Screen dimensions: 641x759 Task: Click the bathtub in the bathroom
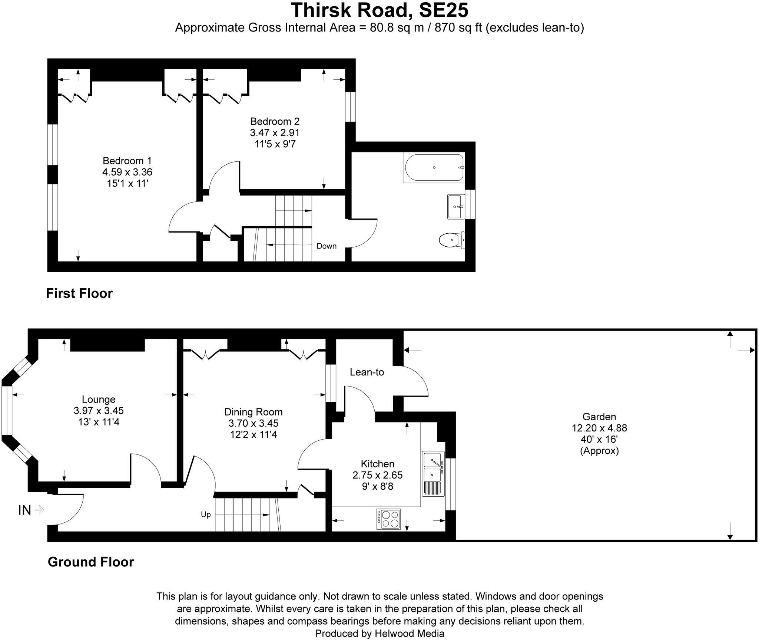pyautogui.click(x=434, y=168)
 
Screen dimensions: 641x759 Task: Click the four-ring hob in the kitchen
pyautogui.click(x=389, y=519)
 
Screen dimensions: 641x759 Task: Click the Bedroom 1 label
pyautogui.click(x=127, y=161)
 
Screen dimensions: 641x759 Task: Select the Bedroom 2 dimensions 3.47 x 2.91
pyautogui.click(x=275, y=132)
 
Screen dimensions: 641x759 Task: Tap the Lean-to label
pyautogui.click(x=367, y=372)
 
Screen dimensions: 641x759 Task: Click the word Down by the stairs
pyautogui.click(x=326, y=246)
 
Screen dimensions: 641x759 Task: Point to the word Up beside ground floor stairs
pyautogui.click(x=206, y=515)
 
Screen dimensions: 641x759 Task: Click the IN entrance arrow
pyautogui.click(x=39, y=510)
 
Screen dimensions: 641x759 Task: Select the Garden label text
pyautogui.click(x=599, y=416)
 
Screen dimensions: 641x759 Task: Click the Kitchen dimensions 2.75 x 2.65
pyautogui.click(x=377, y=475)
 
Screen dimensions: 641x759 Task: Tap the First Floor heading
pyautogui.click(x=79, y=293)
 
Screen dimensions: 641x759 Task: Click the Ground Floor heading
pyautogui.click(x=91, y=562)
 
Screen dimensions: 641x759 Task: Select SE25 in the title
pyautogui.click(x=443, y=10)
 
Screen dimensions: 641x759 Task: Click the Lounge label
pyautogui.click(x=99, y=399)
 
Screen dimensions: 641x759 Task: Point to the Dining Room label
pyautogui.click(x=253, y=412)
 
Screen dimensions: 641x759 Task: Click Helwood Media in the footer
pyautogui.click(x=409, y=634)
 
